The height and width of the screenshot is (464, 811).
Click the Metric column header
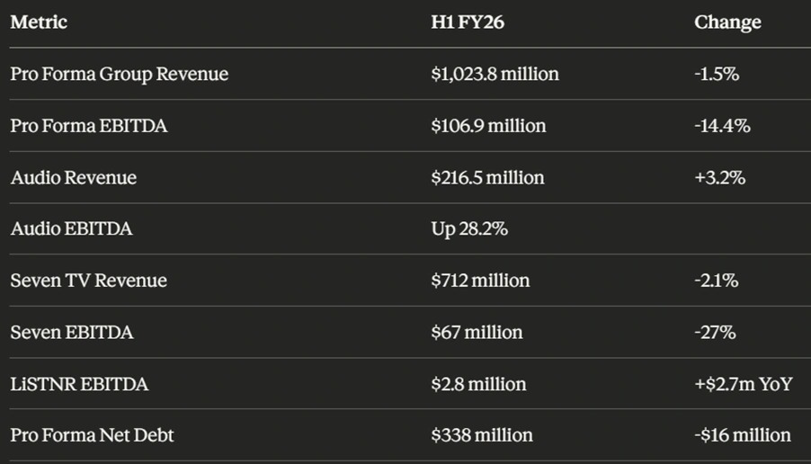click(x=39, y=22)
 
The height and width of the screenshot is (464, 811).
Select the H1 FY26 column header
click(x=468, y=22)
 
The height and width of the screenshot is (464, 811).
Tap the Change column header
click(x=727, y=22)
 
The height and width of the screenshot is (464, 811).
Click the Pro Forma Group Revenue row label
click(x=120, y=74)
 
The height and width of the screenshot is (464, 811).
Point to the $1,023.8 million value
click(x=495, y=74)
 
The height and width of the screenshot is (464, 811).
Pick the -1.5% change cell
click(x=717, y=74)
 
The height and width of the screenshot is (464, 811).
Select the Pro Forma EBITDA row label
click(x=89, y=126)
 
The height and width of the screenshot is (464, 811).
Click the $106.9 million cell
click(x=488, y=126)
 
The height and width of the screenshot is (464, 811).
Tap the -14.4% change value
click(x=722, y=126)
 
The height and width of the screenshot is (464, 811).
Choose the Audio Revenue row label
click(x=74, y=177)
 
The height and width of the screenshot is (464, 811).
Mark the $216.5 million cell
click(x=487, y=177)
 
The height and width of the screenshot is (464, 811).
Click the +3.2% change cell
click(x=719, y=177)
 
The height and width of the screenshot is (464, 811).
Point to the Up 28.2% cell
click(x=469, y=229)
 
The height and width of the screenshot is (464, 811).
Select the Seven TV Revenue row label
click(x=89, y=281)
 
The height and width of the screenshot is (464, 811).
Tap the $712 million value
click(x=480, y=281)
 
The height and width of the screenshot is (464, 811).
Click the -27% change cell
click(x=715, y=333)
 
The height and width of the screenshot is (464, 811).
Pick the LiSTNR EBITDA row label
click(x=80, y=384)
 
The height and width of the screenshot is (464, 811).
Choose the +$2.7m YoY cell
click(x=743, y=384)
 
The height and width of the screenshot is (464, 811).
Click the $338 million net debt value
click(x=482, y=435)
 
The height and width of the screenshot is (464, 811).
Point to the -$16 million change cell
click(x=743, y=435)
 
